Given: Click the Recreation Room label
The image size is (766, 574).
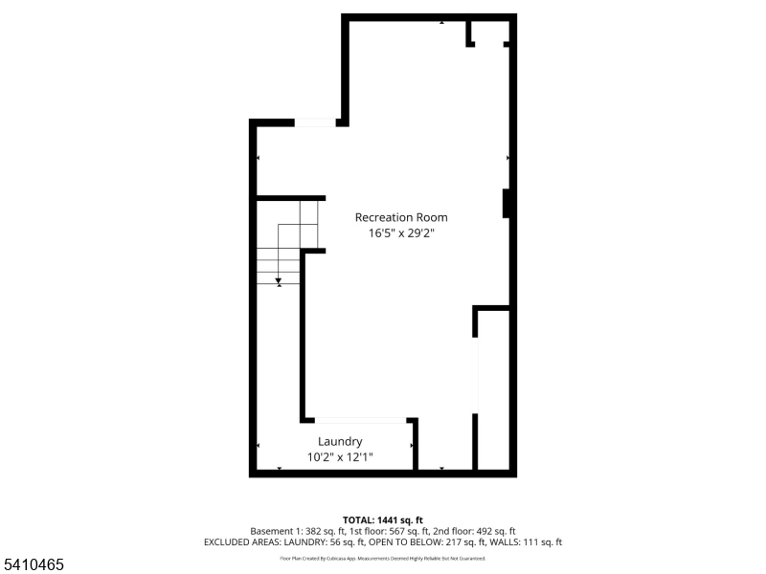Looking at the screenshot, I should [400, 217].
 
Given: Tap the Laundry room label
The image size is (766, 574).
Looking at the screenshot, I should [340, 442].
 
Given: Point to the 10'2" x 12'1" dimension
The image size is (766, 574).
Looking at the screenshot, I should [340, 457].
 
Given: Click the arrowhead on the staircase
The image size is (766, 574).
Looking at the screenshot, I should [279, 282].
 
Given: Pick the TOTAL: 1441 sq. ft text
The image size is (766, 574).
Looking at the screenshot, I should [382, 519].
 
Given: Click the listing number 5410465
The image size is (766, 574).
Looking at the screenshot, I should [33, 566].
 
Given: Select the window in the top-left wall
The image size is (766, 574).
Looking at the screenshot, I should [315, 122].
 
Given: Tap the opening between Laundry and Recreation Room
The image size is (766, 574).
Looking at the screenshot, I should [361, 420].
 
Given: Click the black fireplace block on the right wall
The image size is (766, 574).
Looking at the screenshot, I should [506, 204].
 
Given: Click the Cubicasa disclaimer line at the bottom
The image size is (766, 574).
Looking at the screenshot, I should [382, 559].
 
